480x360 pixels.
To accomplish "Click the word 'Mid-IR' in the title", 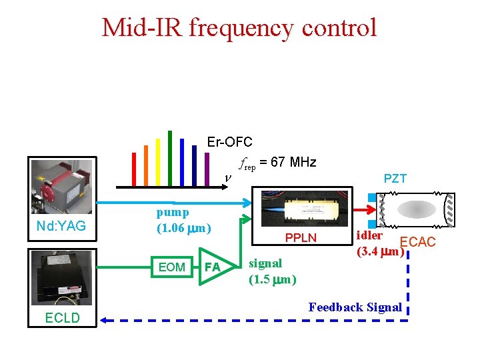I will tap(141, 28).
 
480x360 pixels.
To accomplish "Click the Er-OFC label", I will tap(229, 142).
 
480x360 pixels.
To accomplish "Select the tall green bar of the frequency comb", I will tap(170, 159).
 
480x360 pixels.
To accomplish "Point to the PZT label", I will tap(395, 179).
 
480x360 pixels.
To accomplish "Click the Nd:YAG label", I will tap(61, 227).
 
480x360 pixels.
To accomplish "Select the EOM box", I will tap(172, 267).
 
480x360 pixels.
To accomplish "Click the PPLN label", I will tap(301, 238).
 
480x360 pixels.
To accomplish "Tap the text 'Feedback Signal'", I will tap(355, 307).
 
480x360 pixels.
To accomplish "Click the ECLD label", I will tap(61, 318).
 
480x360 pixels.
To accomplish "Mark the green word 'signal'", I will tap(265, 263).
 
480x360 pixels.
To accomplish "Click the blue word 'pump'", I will tap(173, 213).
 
